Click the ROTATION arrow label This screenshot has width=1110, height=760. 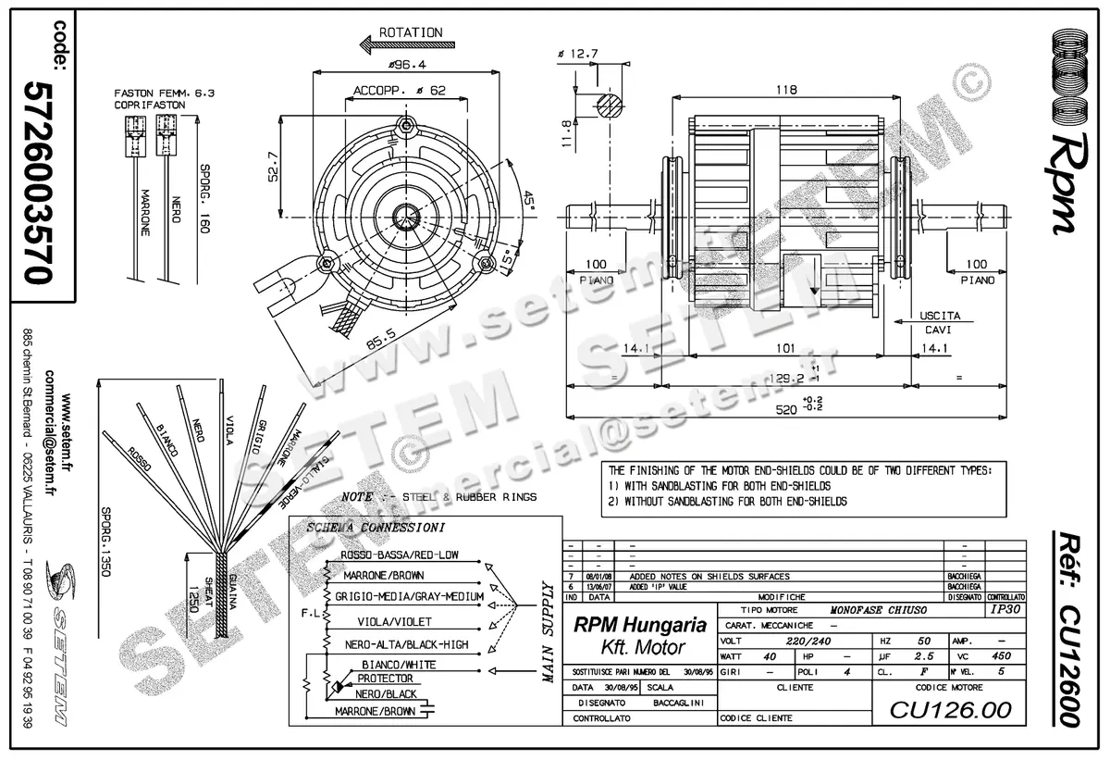[411, 32]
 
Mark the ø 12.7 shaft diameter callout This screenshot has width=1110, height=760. [584, 54]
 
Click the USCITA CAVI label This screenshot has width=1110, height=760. [940, 322]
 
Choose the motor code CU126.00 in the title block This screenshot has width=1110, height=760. [950, 710]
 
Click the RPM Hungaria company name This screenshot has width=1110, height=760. [640, 625]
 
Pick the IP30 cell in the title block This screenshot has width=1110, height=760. [1005, 611]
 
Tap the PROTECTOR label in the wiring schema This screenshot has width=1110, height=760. [385, 679]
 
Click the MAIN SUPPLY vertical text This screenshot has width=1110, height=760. [547, 633]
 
